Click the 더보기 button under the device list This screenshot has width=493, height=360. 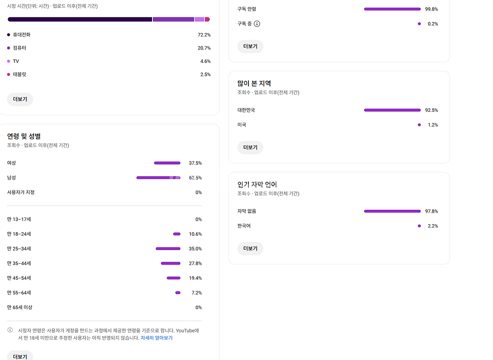[20, 99]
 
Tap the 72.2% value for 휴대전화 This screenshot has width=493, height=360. [204, 35]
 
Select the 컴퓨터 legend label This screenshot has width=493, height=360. [20, 48]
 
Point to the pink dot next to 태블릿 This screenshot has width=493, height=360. [9, 74]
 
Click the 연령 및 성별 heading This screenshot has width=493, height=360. [24, 136]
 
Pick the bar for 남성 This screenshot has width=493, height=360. [158, 178]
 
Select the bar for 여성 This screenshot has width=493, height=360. [167, 163]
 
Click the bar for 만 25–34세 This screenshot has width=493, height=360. [168, 249]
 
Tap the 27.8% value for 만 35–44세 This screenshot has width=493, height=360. [195, 264]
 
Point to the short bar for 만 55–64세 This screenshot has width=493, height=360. [178, 293]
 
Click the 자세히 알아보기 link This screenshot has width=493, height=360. [156, 338]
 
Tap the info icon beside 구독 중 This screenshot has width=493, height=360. [257, 24]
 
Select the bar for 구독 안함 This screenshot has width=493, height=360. [392, 9]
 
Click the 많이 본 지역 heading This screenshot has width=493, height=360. [254, 84]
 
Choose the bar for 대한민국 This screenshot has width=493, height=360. [392, 110]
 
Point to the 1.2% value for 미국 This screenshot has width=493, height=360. [433, 125]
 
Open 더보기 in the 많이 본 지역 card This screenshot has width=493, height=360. [250, 147]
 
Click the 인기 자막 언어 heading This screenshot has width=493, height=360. [257, 184]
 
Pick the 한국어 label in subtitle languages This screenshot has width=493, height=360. [244, 226]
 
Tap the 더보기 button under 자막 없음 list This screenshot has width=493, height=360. [250, 249]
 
